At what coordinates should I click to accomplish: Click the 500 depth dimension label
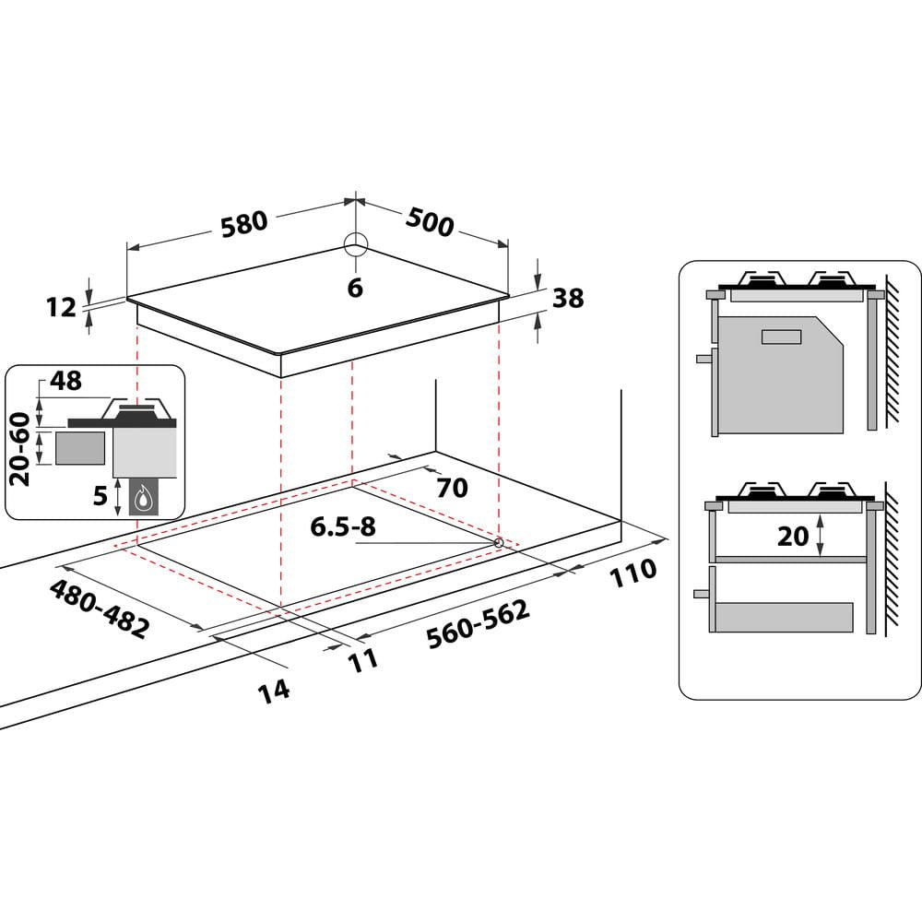(x=430, y=222)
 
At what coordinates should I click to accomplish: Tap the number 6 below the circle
(x=355, y=288)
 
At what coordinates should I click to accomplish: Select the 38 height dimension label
(x=568, y=299)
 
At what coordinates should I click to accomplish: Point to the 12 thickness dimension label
(x=61, y=307)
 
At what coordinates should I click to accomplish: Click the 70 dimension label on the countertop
(x=452, y=488)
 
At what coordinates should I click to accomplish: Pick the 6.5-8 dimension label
(x=343, y=527)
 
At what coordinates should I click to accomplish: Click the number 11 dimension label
(x=363, y=659)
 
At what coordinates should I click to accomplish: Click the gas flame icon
(x=143, y=500)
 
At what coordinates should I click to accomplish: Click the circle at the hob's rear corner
(x=356, y=244)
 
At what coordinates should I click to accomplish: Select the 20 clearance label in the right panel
(x=792, y=535)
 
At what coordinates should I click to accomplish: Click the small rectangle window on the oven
(x=782, y=336)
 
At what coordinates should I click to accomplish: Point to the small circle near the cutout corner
(x=499, y=543)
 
